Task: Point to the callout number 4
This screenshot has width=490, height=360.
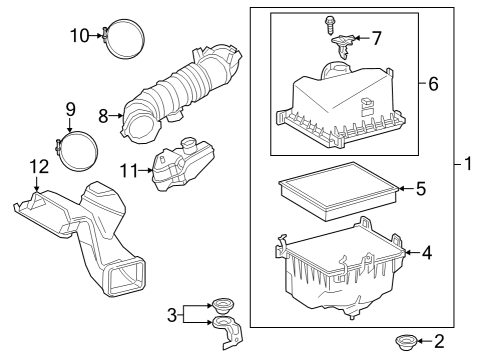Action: point(427,253)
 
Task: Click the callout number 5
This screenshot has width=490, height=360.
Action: point(421,187)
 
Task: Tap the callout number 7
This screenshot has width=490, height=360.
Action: point(377,39)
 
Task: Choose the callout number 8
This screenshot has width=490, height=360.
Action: point(103,116)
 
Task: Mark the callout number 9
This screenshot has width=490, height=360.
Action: point(70,109)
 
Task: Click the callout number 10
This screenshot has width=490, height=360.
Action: point(79,36)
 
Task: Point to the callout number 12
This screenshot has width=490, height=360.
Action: point(37,165)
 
